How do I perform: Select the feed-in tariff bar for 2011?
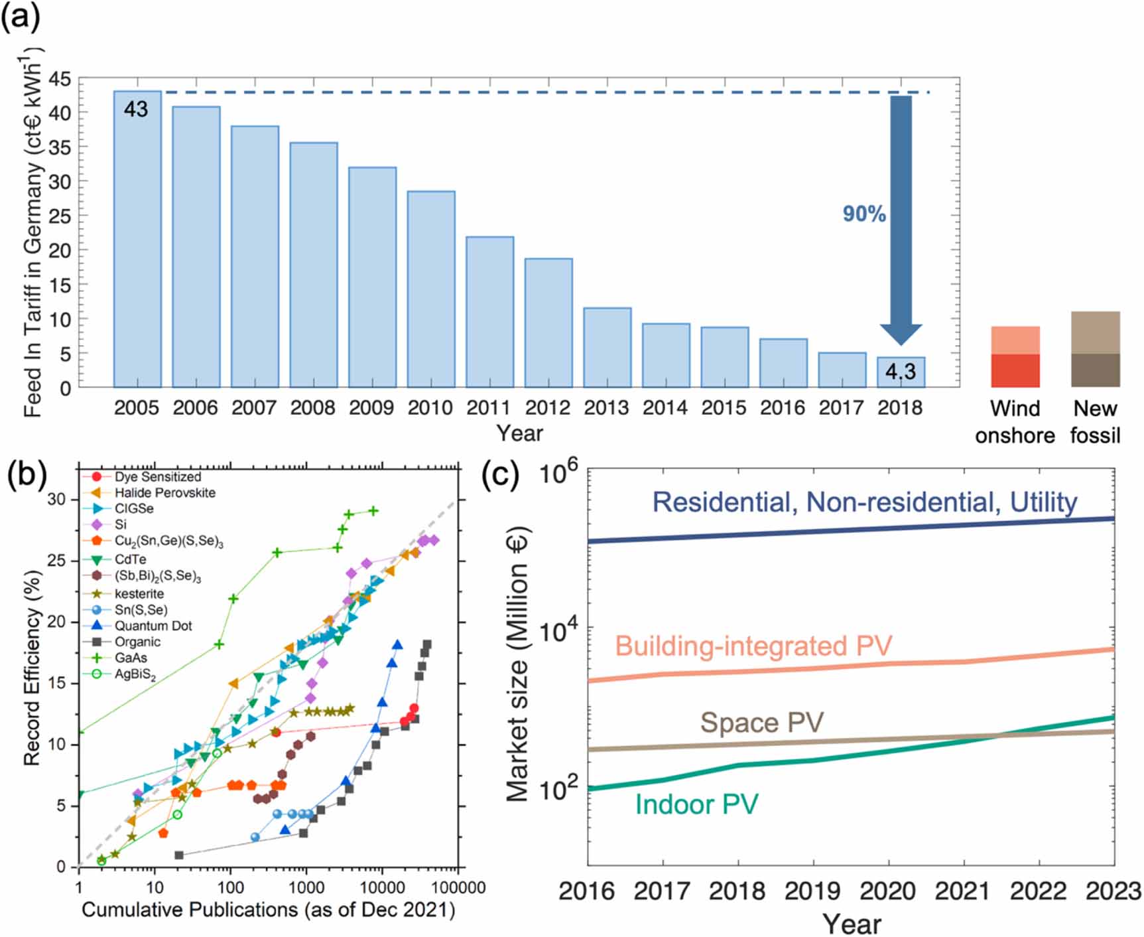(x=489, y=312)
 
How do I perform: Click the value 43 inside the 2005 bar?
(x=136, y=109)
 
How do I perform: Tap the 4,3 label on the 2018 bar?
(x=900, y=372)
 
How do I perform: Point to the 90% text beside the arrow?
(x=863, y=214)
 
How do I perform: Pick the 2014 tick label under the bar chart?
(x=665, y=407)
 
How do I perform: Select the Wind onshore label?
(x=1015, y=421)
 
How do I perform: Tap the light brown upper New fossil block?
(x=1095, y=332)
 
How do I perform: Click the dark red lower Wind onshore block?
(x=1015, y=370)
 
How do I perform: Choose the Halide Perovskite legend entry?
(x=164, y=492)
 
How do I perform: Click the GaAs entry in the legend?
(x=131, y=658)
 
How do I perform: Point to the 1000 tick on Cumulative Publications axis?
(x=306, y=887)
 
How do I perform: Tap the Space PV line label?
(x=761, y=723)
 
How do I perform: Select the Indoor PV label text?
(x=696, y=804)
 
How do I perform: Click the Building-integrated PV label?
(x=753, y=646)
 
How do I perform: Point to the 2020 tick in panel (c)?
(x=887, y=891)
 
